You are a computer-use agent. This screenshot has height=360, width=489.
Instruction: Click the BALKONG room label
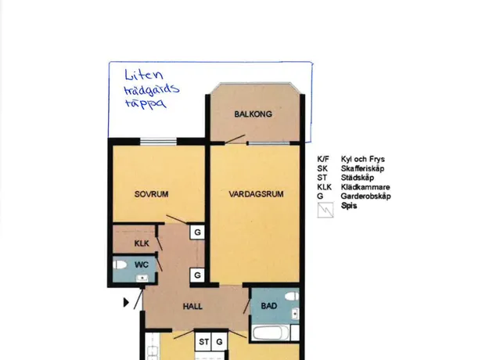pyautogui.click(x=253, y=114)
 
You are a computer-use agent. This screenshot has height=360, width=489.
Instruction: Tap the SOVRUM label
pyautogui.click(x=151, y=194)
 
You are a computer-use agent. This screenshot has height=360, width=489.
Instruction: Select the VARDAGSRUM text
pyautogui.click(x=256, y=194)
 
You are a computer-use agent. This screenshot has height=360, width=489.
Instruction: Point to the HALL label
pyautogui.click(x=192, y=306)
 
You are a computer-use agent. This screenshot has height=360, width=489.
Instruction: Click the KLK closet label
pyautogui.click(x=142, y=243)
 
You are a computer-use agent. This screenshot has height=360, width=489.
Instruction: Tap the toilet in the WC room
pyautogui.click(x=120, y=265)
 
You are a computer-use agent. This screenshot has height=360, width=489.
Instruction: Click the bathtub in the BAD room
pyautogui.click(x=271, y=333)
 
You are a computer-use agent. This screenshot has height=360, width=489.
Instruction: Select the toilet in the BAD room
pyautogui.click(x=292, y=296)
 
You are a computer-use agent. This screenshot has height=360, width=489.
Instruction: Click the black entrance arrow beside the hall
pyautogui.click(x=126, y=302)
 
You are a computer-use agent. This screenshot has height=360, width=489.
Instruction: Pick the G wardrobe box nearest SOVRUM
pyautogui.click(x=197, y=232)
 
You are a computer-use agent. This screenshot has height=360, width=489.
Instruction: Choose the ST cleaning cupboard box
pyautogui.click(x=203, y=341)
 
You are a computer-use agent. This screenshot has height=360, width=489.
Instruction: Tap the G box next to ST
pyautogui.click(x=219, y=341)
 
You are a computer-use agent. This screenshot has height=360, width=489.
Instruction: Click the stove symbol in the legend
pyautogui.click(x=325, y=210)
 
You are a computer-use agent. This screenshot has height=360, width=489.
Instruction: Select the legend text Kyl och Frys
pyautogui.click(x=363, y=159)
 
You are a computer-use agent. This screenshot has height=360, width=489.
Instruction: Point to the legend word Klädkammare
pyautogui.click(x=365, y=187)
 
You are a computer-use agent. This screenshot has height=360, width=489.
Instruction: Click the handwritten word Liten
pyautogui.click(x=144, y=75)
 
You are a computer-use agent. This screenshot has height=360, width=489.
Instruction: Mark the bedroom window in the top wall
pyautogui.click(x=158, y=142)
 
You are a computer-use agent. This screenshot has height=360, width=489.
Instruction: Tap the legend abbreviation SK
pyautogui.click(x=322, y=168)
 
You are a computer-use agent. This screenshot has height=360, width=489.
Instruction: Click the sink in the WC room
pyautogui.click(x=142, y=278)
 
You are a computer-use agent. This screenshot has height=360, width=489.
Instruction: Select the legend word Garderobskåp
pyautogui.click(x=366, y=196)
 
